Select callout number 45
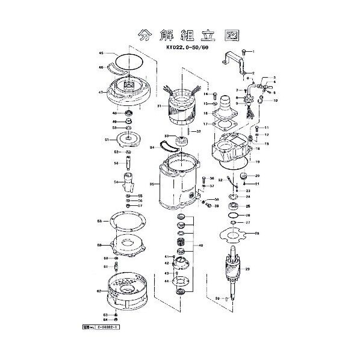[101, 54]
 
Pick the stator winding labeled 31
[183, 107]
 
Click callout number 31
[160, 106]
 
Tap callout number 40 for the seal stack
[200, 246]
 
